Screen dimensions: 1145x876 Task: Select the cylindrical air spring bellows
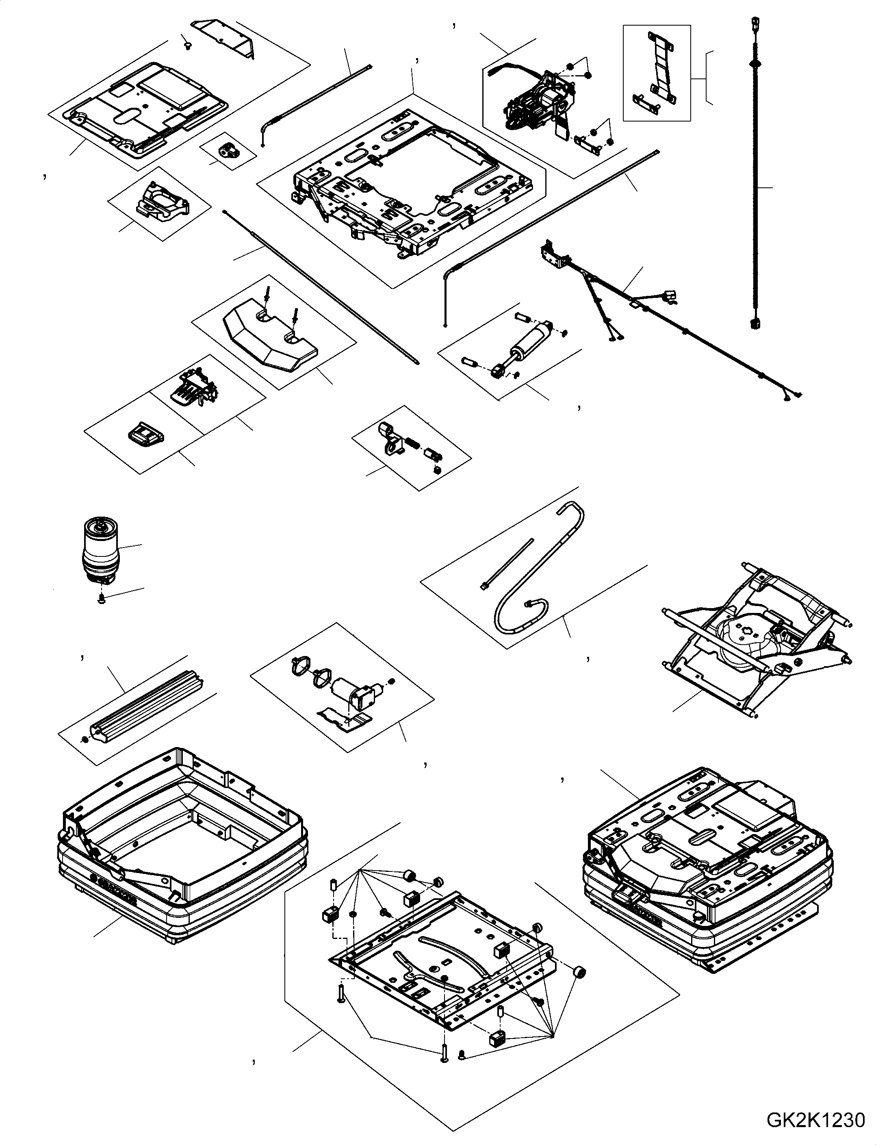click(x=100, y=552)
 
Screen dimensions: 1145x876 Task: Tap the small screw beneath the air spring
click(x=102, y=600)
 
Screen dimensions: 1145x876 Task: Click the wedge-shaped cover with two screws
click(x=271, y=339)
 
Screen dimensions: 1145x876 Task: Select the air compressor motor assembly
click(x=537, y=99)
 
